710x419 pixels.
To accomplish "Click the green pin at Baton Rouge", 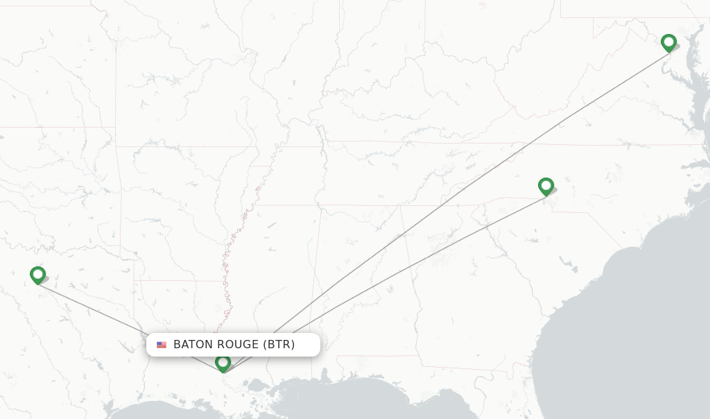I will coord(223,362).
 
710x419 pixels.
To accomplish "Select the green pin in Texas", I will coord(38,275).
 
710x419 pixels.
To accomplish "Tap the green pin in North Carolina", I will coord(546,186).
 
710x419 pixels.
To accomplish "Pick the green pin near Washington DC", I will coord(668,42).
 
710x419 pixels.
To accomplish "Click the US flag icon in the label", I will coord(162,345).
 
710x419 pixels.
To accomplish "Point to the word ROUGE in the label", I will coord(236,345).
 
